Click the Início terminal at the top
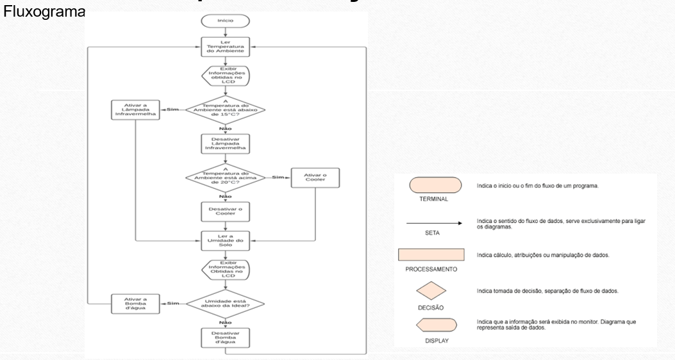225,21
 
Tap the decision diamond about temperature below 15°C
225,110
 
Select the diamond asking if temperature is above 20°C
225,177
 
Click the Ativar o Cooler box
315,177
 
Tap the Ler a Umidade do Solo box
225,240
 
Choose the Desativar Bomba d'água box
225,337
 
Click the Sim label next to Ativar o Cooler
277,177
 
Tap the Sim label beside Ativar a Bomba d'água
173,303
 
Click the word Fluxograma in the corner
42,12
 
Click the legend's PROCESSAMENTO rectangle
431,256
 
